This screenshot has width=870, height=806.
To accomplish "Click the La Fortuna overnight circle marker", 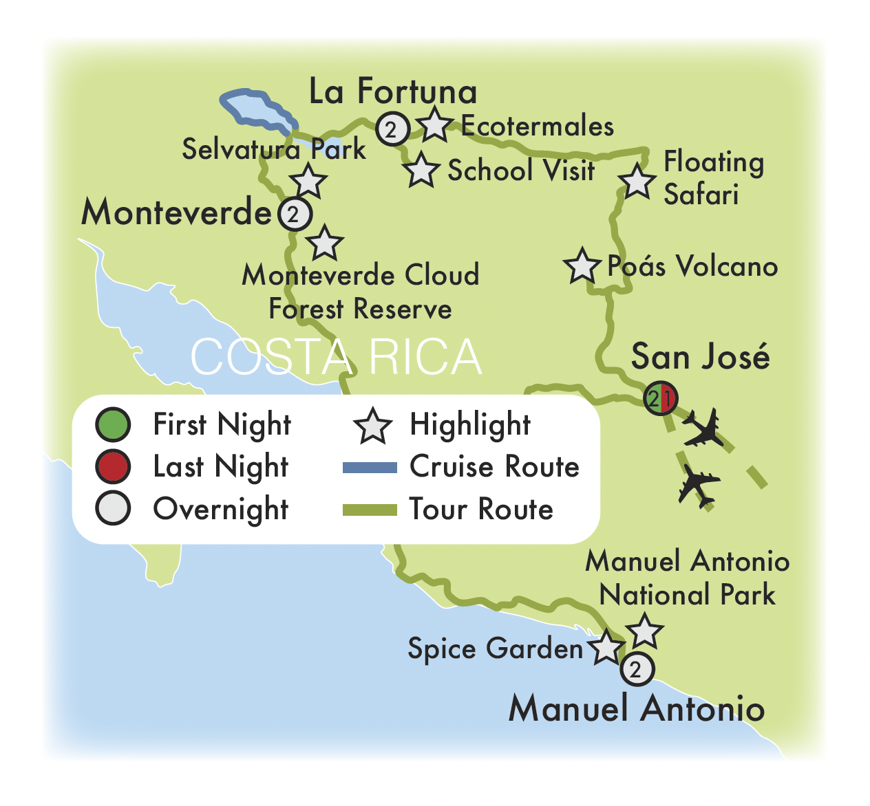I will click(x=392, y=129).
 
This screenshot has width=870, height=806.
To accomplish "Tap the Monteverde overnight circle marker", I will click(x=295, y=214).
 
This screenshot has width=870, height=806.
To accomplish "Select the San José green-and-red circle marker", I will click(x=661, y=397).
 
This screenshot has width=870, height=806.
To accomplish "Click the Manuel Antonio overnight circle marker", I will click(x=637, y=669).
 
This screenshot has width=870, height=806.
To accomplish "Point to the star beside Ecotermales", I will click(x=435, y=125).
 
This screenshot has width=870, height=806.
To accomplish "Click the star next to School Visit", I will click(x=421, y=171).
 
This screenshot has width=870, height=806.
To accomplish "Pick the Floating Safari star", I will click(x=637, y=182).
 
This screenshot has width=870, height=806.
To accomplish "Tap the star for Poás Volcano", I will click(x=582, y=265).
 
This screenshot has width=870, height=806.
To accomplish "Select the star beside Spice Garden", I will click(x=606, y=648).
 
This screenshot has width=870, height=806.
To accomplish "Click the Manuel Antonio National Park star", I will click(x=645, y=631).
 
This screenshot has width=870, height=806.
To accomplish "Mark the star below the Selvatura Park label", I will click(x=308, y=182).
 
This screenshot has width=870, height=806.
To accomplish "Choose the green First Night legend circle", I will click(x=113, y=424).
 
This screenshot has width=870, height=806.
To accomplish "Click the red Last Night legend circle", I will click(x=113, y=467).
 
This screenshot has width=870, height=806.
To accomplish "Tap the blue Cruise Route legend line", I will click(x=370, y=468).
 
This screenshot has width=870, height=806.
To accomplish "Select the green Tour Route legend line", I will click(x=370, y=510).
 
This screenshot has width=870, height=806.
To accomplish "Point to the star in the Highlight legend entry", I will click(x=372, y=426).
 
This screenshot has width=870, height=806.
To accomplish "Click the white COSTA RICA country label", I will click(x=336, y=357).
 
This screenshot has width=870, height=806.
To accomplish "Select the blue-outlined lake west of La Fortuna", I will click(x=255, y=108).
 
